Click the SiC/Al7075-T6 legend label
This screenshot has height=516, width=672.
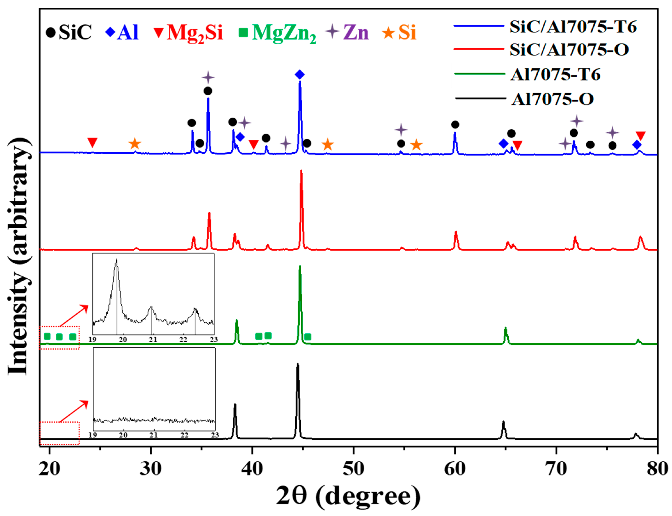pos(573,27)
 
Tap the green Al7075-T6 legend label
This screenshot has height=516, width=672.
pos(555,75)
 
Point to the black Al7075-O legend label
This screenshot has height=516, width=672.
pos(552,99)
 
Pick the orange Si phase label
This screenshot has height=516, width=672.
pos(407,32)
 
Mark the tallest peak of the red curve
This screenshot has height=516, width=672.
pos(301,171)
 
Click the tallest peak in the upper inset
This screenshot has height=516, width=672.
pos(116,260)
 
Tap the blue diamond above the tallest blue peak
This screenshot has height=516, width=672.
pos(300,74)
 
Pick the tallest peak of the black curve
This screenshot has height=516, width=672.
pos(297,364)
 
